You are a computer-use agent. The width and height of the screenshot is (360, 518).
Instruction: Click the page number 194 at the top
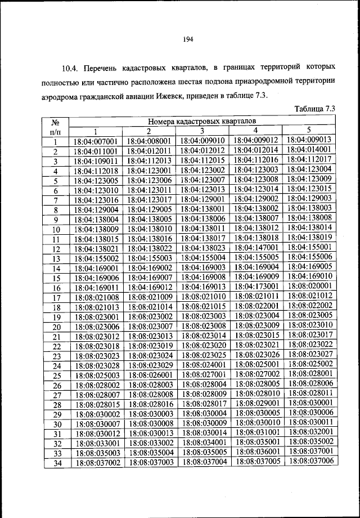pos(188,39)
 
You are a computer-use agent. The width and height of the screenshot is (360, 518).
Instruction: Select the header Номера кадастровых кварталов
pos(201,120)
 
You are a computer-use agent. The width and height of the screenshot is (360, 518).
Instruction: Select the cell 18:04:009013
pos(309,140)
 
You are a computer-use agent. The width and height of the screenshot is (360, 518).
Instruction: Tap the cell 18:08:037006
pos(309,461)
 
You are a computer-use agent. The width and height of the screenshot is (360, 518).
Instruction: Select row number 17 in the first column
pos(56,298)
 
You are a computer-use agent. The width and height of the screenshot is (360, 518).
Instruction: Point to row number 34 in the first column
pos(56,463)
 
